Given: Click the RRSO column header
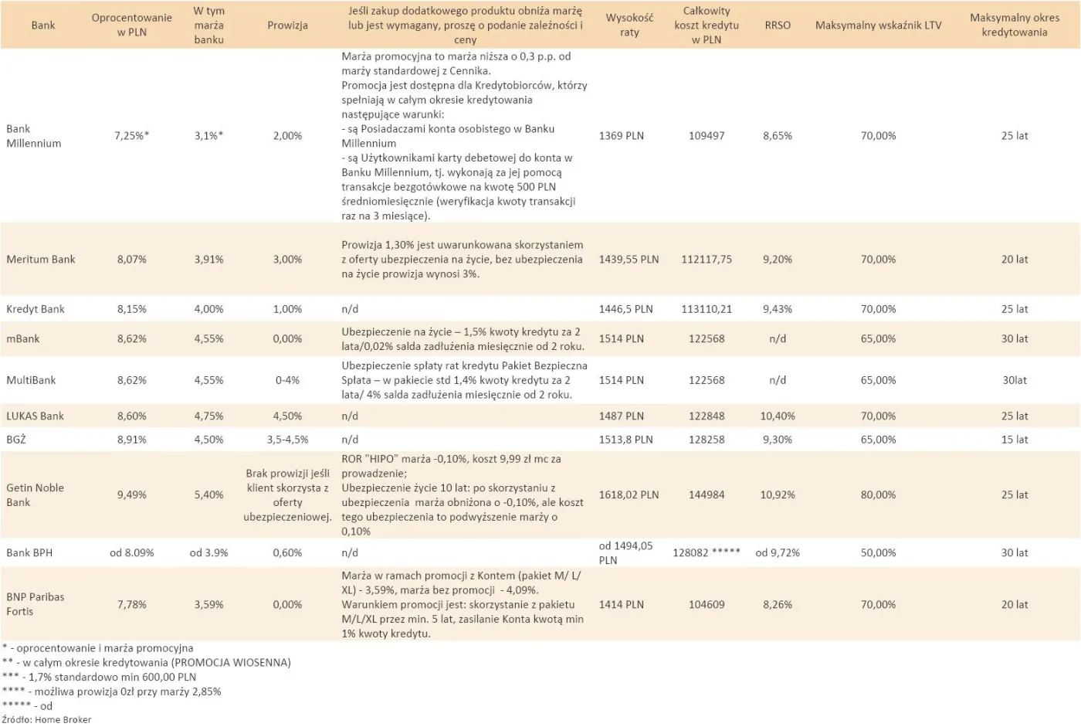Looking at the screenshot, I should click(x=778, y=25).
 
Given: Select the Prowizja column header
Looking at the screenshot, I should click(x=287, y=25).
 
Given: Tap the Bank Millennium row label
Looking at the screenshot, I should click(x=33, y=136).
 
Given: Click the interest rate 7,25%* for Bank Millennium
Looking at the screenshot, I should click(x=131, y=136).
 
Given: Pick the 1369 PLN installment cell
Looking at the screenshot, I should click(x=621, y=136).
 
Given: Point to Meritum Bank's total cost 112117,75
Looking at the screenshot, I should click(x=707, y=260).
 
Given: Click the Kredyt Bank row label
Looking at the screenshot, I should click(x=36, y=309).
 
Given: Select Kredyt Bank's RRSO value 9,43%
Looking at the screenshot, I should click(x=778, y=309).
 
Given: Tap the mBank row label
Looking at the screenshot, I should click(x=23, y=339).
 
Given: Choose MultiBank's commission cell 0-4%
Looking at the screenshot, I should click(x=287, y=380).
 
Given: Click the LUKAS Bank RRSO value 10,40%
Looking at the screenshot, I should click(x=778, y=416).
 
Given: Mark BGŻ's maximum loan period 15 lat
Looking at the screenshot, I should click(x=1015, y=440).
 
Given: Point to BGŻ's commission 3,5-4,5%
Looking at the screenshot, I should click(x=287, y=440).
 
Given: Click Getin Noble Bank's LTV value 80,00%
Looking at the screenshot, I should click(x=878, y=495).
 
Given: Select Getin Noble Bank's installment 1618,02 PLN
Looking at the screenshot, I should click(x=629, y=495).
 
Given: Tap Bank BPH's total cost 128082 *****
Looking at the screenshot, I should click(x=707, y=553).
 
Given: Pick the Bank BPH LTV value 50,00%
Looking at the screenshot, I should click(x=878, y=553).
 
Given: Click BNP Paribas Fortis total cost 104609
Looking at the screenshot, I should click(x=707, y=605).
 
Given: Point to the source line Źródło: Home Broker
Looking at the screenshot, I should click(x=46, y=720).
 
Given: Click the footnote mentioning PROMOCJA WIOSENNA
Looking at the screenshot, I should click(x=147, y=663).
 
